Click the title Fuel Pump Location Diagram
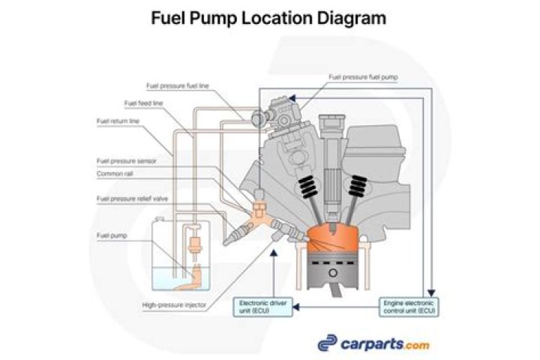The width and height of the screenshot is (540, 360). (x=269, y=17)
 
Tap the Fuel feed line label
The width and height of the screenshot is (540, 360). (x=142, y=103)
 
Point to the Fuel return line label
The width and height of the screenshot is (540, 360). (x=118, y=121)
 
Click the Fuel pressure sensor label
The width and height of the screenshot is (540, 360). (x=127, y=160)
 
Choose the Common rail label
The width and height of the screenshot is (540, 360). (x=115, y=173)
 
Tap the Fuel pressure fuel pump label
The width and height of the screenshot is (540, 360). (x=362, y=76)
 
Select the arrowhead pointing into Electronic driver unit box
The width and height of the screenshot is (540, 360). (x=295, y=306)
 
